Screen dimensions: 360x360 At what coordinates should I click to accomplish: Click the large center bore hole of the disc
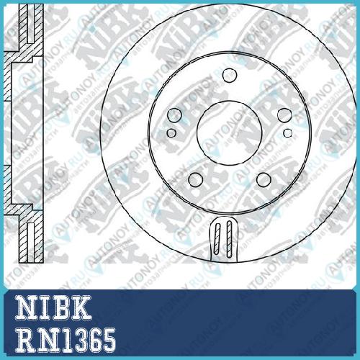point(229,133)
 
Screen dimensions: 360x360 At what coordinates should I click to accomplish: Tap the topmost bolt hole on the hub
point(230,75)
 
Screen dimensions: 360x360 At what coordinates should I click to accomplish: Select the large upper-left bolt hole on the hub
point(174,115)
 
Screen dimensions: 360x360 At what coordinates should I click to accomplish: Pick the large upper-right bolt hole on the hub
point(284,115)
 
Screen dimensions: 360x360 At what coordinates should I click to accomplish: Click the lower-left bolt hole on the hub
point(195,179)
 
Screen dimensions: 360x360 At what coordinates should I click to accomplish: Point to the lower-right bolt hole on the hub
point(264,179)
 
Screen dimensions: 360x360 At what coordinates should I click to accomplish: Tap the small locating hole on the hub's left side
point(171,132)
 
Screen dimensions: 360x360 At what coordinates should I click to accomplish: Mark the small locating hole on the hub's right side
point(288,132)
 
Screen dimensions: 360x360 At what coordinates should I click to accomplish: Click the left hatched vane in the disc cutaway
point(217,239)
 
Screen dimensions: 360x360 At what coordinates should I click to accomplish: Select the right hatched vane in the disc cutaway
point(229,239)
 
